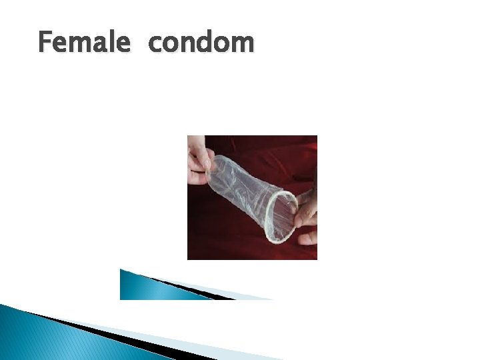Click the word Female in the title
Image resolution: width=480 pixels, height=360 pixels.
(x=85, y=43)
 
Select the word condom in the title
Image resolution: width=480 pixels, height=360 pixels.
(x=201, y=43)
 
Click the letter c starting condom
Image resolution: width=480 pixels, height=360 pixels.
(x=155, y=45)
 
